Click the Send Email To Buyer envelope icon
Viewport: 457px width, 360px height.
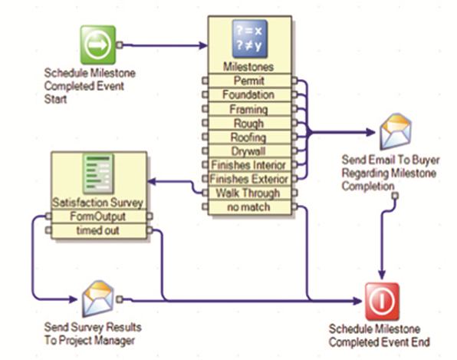(396, 132)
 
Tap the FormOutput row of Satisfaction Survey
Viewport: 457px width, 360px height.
(97, 216)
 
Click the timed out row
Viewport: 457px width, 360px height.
(97, 230)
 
